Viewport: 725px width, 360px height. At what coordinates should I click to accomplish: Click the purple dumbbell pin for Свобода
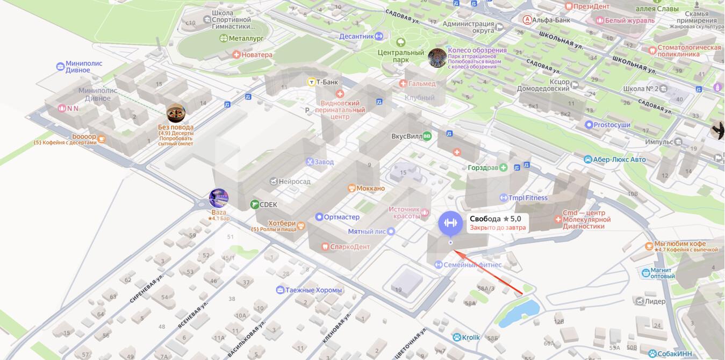coord(450,224)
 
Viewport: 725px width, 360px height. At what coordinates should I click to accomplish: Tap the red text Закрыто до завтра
coord(498,228)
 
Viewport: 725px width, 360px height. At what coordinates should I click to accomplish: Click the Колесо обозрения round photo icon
coord(437,58)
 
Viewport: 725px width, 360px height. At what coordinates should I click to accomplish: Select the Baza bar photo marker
coord(219,198)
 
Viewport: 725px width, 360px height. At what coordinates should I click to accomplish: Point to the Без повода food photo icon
coord(176,113)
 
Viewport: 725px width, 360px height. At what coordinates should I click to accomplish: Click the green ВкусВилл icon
coord(427,136)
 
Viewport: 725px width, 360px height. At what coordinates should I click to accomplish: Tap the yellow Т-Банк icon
coord(311,82)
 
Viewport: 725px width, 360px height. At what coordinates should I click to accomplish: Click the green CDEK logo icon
coord(255,204)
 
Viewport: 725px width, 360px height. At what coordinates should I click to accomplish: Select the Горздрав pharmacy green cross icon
coord(503,168)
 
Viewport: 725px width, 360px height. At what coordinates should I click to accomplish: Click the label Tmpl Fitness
coord(528,198)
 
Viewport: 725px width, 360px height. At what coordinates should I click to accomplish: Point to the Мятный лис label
coord(367,232)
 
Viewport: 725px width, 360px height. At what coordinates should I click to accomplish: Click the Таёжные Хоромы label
coord(313,290)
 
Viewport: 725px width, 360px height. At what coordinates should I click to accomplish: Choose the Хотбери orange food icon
coord(301,226)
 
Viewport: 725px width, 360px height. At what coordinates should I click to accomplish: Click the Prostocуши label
coord(612,125)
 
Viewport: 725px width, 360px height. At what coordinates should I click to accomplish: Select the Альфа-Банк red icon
coord(528,20)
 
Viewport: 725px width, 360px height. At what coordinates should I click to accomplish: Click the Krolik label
coord(470,337)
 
